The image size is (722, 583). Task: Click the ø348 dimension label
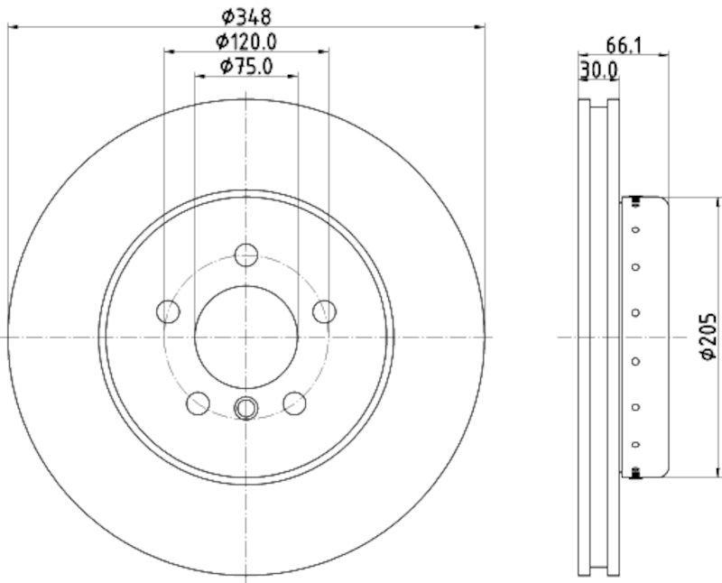(246, 15)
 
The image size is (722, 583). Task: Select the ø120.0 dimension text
(245, 41)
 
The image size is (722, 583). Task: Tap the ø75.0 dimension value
(246, 65)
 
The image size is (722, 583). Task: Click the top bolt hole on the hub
(246, 254)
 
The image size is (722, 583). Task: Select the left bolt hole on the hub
(169, 311)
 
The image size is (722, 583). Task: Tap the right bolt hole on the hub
(324, 311)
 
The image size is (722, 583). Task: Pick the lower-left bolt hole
(199, 403)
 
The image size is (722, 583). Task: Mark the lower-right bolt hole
(294, 403)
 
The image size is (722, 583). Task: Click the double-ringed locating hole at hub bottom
(246, 408)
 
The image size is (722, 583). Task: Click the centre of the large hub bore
(246, 337)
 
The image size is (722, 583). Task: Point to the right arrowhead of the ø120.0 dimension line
(324, 52)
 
